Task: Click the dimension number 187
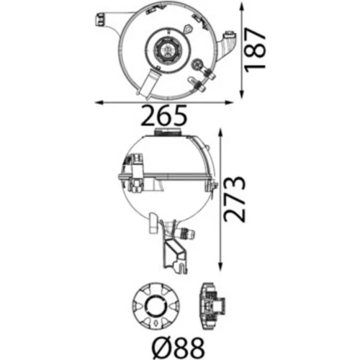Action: point(255,50)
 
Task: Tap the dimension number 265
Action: point(163,116)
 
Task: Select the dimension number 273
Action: point(234,199)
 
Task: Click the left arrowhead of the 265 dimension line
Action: point(99,102)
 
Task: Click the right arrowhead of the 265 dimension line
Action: point(229,102)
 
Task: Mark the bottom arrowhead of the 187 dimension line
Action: point(242,94)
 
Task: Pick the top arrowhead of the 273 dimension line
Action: point(221,134)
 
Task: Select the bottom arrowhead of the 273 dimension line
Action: point(221,266)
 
